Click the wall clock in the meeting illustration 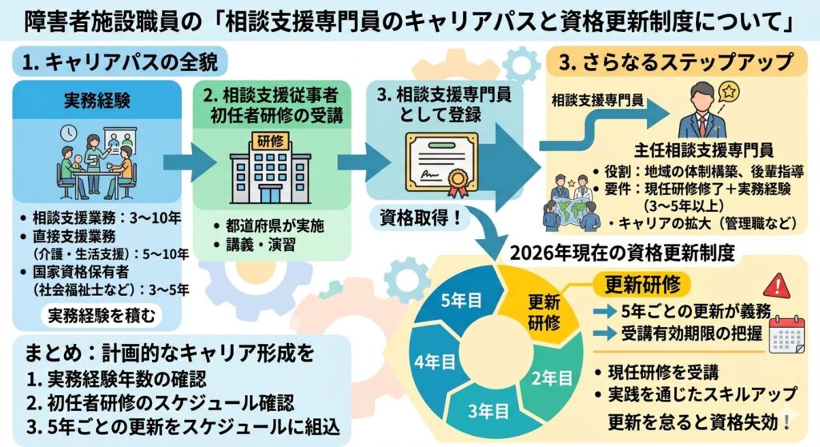pyautogui.click(x=68, y=134)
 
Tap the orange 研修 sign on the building pyautogui.click(x=270, y=141)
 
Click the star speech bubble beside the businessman pyautogui.click(x=729, y=93)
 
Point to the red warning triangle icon pyautogui.click(x=776, y=285)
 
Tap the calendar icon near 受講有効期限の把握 pyautogui.click(x=786, y=335)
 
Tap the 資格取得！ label pyautogui.click(x=420, y=218)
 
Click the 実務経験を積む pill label pyautogui.click(x=102, y=315)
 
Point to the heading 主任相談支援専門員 pyautogui.click(x=703, y=150)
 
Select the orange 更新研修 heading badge pyautogui.click(x=643, y=285)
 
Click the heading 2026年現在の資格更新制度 pyautogui.click(x=622, y=253)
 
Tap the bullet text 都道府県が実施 pyautogui.click(x=275, y=225)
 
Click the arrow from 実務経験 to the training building pyautogui.click(x=187, y=162)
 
